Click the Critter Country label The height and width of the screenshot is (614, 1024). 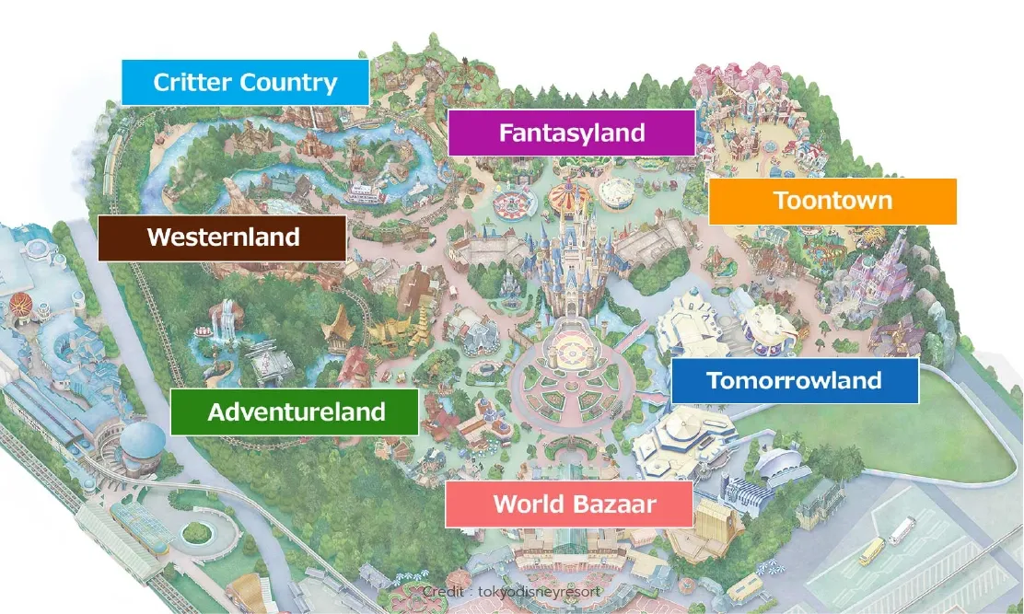coord(245,83)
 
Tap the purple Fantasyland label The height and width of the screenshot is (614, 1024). coord(571,133)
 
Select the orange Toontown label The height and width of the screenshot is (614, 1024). coord(832,201)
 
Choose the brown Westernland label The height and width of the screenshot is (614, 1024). coord(223,237)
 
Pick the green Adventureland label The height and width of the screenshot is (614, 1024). coord(296,411)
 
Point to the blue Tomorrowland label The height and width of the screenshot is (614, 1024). coord(794,380)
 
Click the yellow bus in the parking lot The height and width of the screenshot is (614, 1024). coord(871,551)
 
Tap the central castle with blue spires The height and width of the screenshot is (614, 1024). coord(566,267)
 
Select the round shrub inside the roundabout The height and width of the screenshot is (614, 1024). coord(197,532)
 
